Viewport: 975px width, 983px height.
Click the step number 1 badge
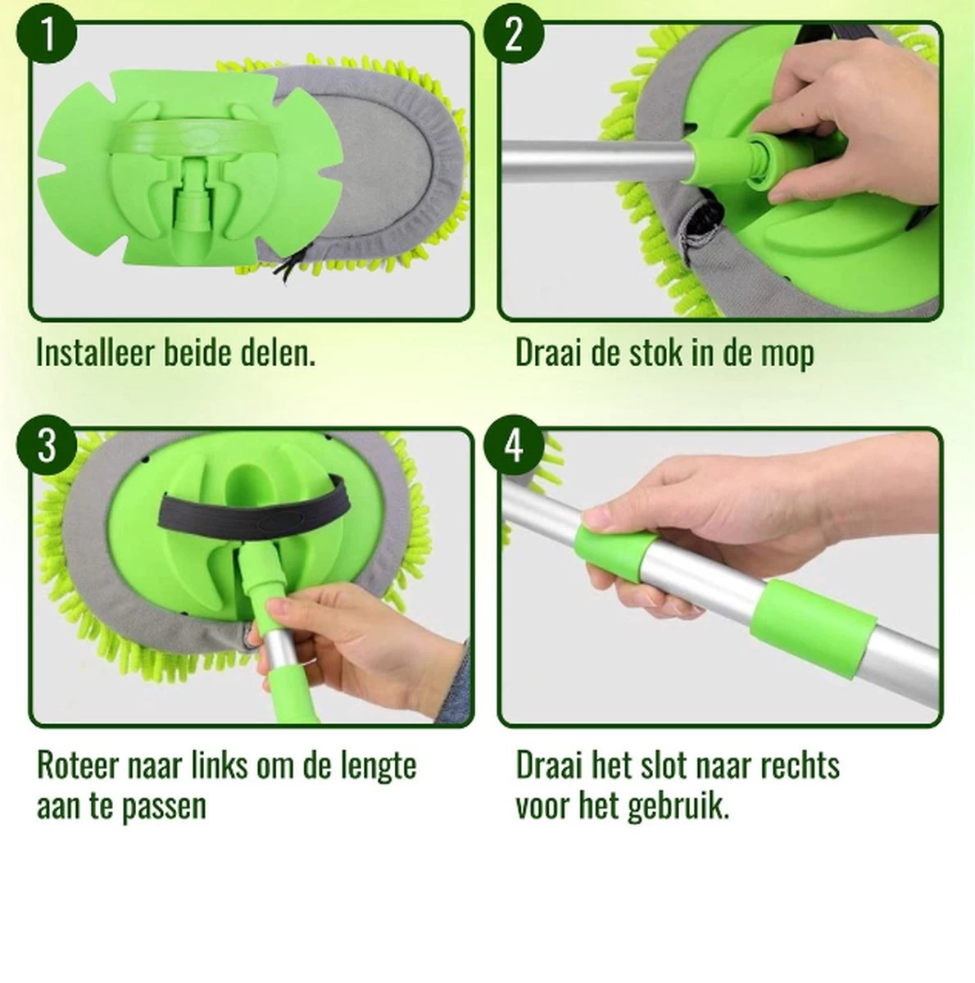(48, 36)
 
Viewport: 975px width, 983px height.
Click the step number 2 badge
(514, 36)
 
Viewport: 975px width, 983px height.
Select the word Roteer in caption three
(78, 766)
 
